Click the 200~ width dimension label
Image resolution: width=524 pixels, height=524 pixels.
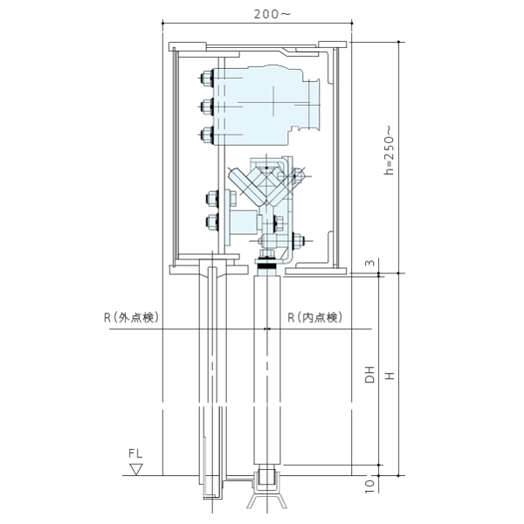pos(272,14)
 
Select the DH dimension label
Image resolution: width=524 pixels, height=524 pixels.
pos(369,375)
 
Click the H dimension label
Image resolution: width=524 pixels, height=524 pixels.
pos(390,376)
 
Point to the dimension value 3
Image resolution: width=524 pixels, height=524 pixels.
pos(370,263)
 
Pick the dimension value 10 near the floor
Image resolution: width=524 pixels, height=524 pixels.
pos(369,486)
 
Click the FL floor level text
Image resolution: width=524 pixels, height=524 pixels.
pos(135,453)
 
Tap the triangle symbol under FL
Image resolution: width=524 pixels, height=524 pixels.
pos(136,469)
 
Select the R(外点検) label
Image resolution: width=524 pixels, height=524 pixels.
pos(131,318)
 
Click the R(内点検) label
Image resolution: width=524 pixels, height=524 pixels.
pos(315,318)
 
